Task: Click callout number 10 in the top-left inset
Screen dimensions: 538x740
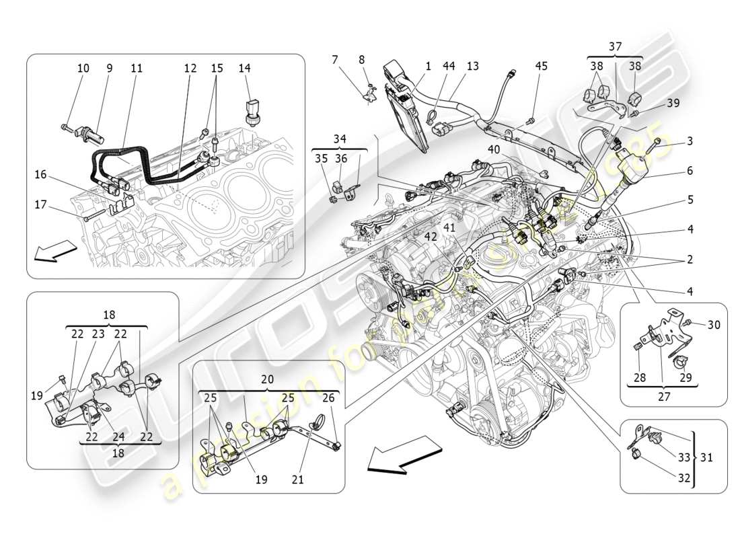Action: (83, 68)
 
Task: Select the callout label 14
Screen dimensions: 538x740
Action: (244, 68)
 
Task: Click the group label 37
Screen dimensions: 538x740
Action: (615, 46)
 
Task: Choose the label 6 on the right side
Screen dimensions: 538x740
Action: (690, 171)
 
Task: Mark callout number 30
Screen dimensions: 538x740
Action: (713, 324)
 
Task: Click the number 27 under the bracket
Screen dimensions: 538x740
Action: (664, 397)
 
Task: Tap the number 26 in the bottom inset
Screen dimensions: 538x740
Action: (327, 397)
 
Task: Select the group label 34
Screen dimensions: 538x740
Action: (339, 139)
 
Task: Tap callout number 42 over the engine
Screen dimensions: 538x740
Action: (430, 236)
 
